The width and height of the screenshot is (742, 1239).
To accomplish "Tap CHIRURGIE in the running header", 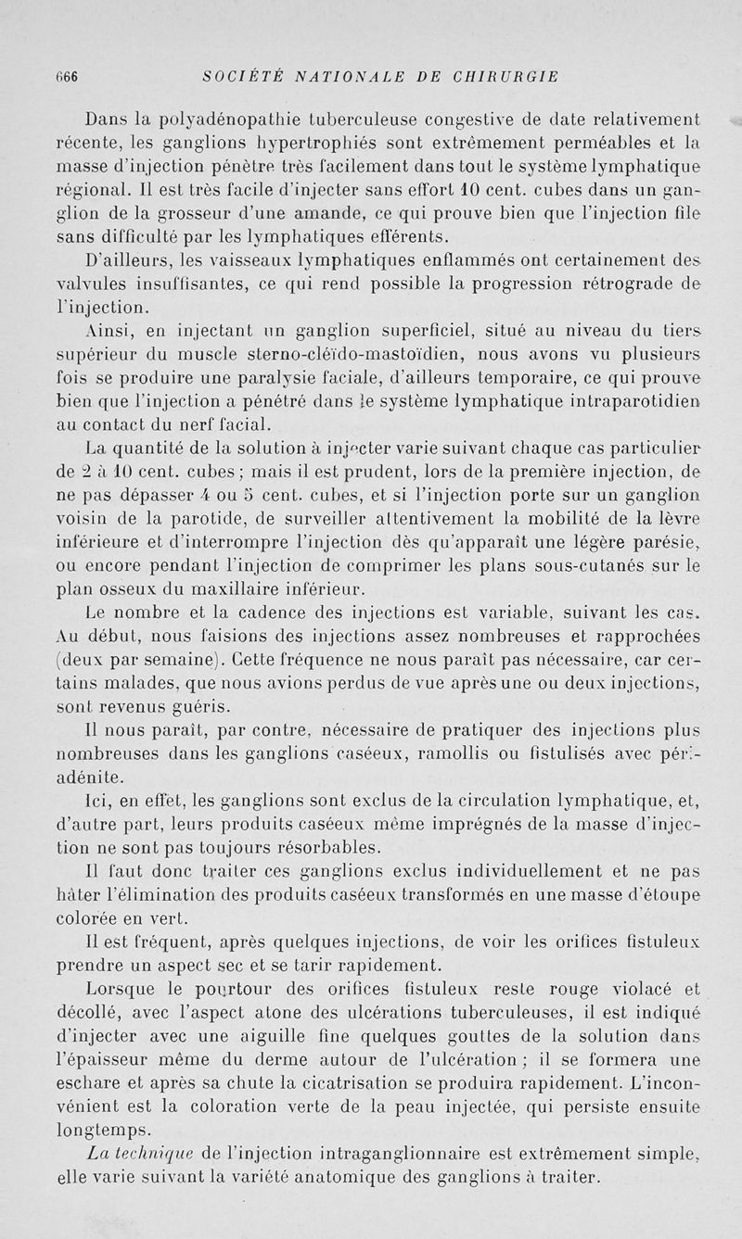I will (506, 77).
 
